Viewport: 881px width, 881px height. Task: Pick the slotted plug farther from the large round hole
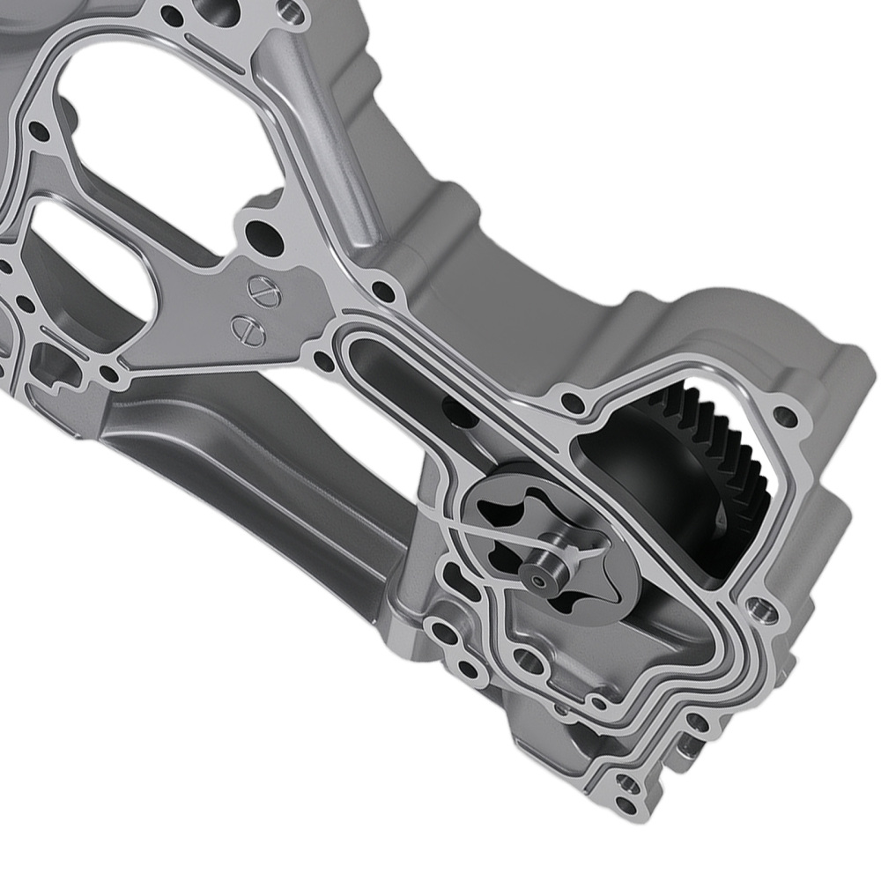(x=247, y=329)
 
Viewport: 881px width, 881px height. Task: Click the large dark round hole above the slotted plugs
(x=263, y=237)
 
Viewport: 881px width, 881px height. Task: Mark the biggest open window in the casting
(x=167, y=132)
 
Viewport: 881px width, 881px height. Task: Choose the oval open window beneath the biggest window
(x=84, y=264)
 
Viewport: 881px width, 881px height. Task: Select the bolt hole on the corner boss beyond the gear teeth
(x=782, y=414)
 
